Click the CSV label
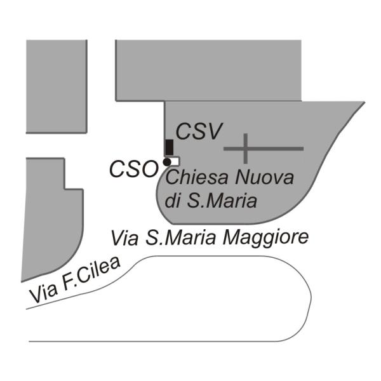point(199,131)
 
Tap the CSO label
point(133,169)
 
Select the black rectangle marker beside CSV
point(169,147)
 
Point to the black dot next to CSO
point(166,163)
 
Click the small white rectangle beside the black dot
point(175,161)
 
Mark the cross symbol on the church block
point(245,149)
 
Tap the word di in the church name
point(175,201)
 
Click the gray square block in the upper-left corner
point(56,86)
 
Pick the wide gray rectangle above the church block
point(208,70)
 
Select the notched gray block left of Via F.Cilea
point(51,216)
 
